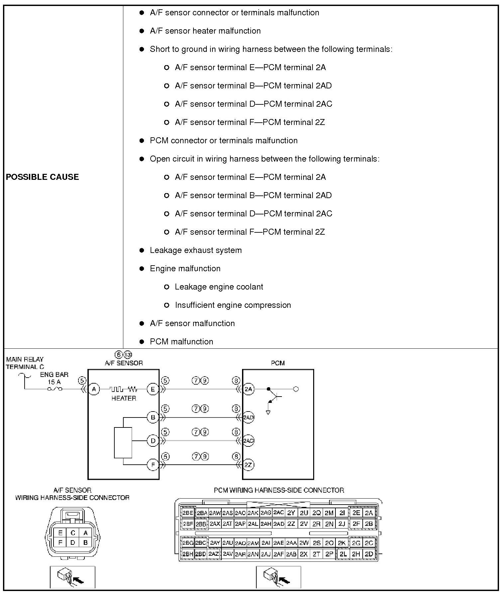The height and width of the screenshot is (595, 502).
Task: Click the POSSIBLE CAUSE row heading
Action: point(42,177)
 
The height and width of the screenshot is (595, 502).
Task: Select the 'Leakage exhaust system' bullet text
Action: point(195,250)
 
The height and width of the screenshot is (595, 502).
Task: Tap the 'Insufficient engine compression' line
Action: point(233,305)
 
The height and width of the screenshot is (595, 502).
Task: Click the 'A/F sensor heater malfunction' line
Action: point(205,31)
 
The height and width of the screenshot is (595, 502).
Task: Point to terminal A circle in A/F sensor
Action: point(94,389)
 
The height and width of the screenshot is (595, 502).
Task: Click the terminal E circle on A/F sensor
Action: point(153,389)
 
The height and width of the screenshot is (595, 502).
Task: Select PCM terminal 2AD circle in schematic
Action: point(248,417)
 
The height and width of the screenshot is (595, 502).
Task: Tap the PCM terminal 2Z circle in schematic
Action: point(248,465)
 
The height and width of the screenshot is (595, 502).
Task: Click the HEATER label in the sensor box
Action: point(124,398)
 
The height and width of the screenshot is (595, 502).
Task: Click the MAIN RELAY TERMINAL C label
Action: point(25,363)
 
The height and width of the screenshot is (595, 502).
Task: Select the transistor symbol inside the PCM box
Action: point(275,396)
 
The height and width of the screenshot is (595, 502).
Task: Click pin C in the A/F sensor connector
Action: point(73,533)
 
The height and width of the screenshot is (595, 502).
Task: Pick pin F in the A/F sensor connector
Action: point(60,542)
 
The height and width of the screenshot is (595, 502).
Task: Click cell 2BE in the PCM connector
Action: point(188,513)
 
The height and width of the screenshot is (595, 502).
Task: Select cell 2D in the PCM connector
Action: point(369,554)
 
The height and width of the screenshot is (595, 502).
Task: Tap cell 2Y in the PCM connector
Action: point(291,513)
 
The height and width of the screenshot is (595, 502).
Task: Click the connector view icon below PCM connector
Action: point(278,577)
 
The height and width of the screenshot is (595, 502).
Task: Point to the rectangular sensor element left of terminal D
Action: point(123,443)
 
